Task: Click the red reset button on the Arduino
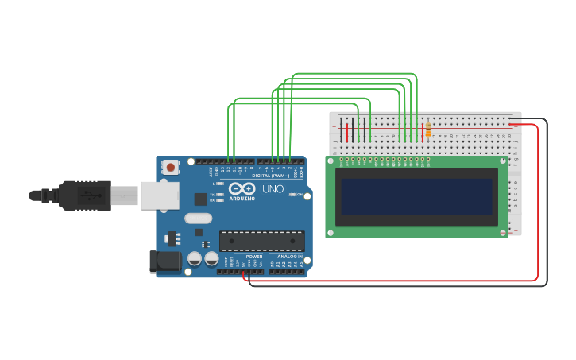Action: [169, 167]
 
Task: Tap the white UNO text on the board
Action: [273, 189]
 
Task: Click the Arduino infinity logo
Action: [242, 188]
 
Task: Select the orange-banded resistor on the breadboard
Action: [428, 130]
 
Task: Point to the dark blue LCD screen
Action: [416, 196]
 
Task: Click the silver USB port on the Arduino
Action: [159, 195]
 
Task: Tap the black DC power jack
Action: [164, 261]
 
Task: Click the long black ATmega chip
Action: [261, 240]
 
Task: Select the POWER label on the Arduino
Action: [254, 257]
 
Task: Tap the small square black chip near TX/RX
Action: [200, 199]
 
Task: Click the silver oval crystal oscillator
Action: [198, 218]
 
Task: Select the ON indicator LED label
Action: [298, 195]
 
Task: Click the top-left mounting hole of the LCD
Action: [331, 161]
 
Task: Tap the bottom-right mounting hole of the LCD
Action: [502, 232]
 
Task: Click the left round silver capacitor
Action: [195, 258]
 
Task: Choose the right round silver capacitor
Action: [211, 258]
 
